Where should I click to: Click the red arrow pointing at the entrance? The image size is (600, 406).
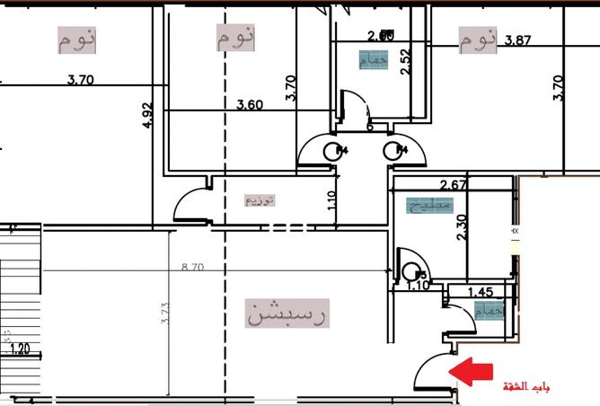[x=472, y=370]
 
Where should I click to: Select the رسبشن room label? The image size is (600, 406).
[x=287, y=314]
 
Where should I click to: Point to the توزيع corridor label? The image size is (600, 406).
[x=260, y=200]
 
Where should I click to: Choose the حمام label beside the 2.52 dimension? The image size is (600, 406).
[x=374, y=60]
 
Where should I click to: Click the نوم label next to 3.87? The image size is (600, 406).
[x=478, y=40]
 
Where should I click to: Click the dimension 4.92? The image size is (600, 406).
[x=149, y=116]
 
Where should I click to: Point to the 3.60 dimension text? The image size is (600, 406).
[x=249, y=105]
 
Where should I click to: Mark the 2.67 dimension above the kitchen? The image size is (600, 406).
[x=455, y=185]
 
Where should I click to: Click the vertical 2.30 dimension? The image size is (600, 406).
[x=462, y=226]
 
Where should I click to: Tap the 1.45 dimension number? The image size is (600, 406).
[x=481, y=292]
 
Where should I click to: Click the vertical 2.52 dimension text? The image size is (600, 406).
[x=405, y=62]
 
